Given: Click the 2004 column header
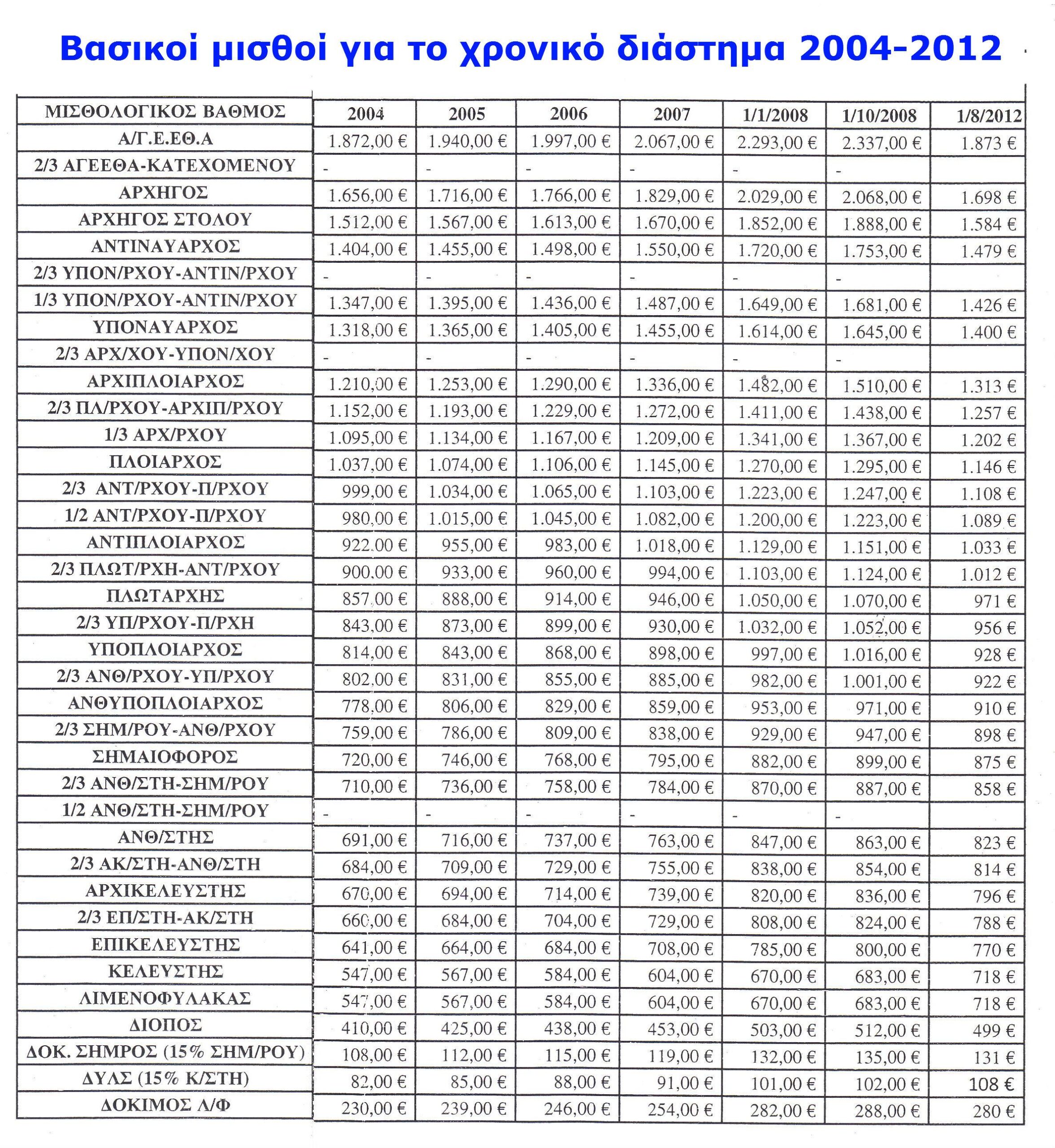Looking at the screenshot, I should click(365, 113).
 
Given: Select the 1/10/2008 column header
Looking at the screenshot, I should click(879, 116).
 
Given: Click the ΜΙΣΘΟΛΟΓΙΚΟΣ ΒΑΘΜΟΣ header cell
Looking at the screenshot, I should click(165, 111).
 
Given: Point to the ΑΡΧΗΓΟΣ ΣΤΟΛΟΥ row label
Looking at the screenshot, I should click(165, 219).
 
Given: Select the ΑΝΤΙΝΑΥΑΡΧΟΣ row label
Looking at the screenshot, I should click(165, 246).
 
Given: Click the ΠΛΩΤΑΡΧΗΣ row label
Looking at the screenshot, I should click(165, 596).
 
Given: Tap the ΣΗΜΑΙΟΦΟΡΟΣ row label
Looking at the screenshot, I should click(165, 757).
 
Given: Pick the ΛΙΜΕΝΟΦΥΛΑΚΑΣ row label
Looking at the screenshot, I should click(165, 998).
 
